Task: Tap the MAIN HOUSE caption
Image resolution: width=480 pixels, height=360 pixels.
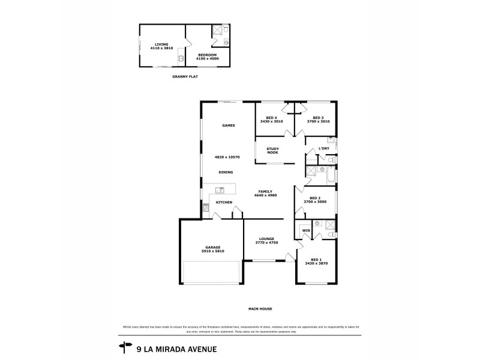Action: (x=261, y=309)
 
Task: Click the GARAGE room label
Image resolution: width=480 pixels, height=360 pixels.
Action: (x=213, y=247)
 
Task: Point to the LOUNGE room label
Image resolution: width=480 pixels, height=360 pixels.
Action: (x=267, y=238)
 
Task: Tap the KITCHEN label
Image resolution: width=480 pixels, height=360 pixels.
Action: (x=224, y=202)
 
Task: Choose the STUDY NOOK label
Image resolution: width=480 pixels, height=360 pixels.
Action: (x=273, y=151)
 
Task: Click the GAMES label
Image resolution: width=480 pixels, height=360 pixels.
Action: (x=228, y=125)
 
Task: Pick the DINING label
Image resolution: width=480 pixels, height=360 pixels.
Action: (x=226, y=172)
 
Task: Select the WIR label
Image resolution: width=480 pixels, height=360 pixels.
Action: (x=306, y=230)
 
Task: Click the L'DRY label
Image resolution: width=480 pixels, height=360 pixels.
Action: (x=324, y=148)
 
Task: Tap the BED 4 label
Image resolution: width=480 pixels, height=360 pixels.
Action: (x=271, y=118)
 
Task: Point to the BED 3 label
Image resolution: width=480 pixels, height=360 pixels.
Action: (x=318, y=118)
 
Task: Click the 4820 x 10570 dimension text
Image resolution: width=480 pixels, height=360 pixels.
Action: (x=227, y=157)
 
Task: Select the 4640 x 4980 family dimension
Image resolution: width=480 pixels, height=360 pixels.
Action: (x=266, y=196)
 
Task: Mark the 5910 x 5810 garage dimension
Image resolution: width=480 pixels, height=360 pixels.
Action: (x=213, y=251)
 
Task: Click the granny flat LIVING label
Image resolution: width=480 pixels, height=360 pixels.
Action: (x=161, y=44)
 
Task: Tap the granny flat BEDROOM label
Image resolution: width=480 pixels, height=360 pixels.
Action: (x=207, y=55)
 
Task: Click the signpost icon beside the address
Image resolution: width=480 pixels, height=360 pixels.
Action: (x=126, y=347)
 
